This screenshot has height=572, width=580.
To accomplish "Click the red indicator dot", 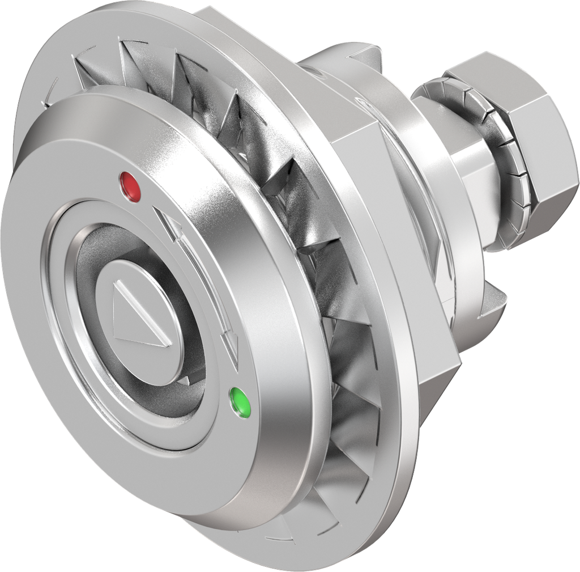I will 131,187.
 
